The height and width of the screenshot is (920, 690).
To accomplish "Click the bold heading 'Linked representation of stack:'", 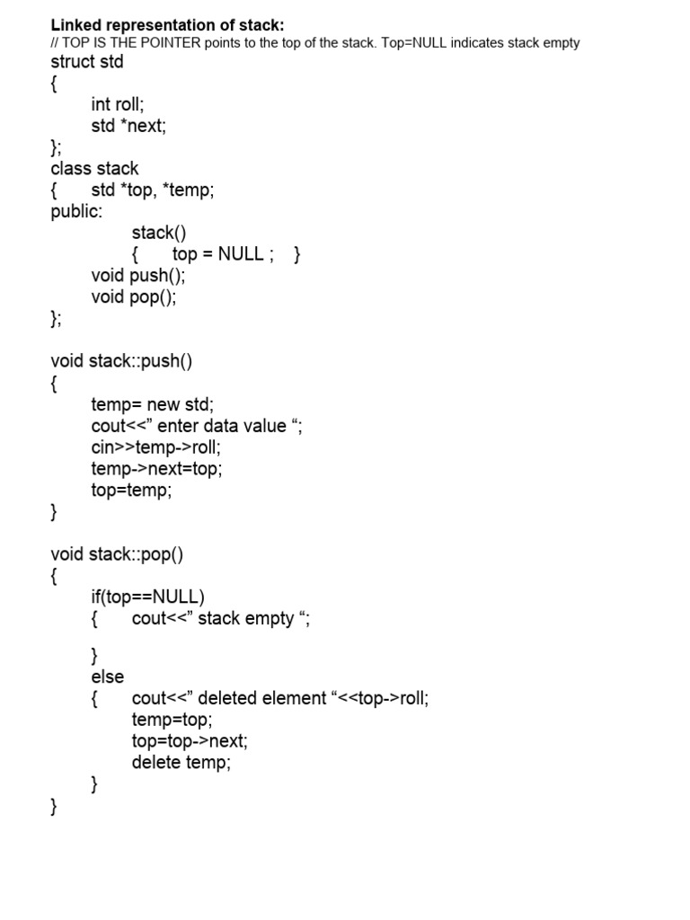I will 167,25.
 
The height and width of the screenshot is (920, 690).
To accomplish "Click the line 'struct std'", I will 87,62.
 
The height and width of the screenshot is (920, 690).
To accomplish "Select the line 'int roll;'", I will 118,104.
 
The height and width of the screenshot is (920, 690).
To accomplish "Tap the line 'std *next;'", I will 128,126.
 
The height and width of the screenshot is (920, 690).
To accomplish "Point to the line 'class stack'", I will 94,169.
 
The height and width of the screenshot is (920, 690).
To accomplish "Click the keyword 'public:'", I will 76,212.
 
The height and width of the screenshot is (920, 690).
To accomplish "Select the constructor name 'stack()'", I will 159,234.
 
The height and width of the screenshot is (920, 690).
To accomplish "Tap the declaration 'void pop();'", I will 134,297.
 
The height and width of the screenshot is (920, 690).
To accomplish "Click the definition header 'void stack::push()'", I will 121,361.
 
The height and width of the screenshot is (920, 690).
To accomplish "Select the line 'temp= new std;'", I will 152,404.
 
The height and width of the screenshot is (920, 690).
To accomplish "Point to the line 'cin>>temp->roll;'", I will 155,447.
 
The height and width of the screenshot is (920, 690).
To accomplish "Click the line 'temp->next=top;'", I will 156,468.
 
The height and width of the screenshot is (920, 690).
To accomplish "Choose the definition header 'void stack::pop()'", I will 117,553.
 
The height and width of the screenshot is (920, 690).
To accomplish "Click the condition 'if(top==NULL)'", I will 147,597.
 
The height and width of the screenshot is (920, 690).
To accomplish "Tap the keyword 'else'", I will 108,677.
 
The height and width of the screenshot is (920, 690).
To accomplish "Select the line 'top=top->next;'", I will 190,741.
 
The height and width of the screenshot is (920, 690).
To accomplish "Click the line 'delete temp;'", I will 181,763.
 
